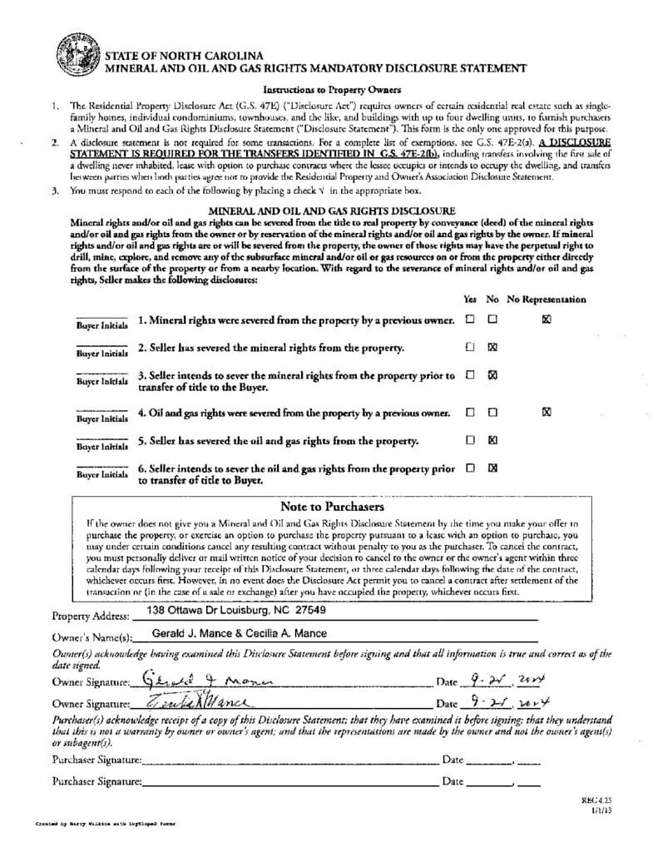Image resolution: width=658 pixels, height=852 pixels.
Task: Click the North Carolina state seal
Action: coord(78,57)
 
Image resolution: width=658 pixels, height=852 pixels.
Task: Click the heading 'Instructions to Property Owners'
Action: coord(332,90)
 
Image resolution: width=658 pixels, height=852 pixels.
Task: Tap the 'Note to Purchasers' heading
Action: coord(332,506)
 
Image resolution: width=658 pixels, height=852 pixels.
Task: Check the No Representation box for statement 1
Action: coord(546,319)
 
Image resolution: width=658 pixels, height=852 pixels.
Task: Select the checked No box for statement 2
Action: coord(492,347)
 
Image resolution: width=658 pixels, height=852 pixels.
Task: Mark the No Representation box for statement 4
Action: coord(546,411)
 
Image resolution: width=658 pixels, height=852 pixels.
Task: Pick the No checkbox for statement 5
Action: coord(492,439)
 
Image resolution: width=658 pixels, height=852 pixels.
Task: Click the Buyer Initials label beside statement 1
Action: coord(102,325)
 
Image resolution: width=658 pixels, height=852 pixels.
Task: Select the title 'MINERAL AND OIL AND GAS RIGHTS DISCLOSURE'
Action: coord(331,211)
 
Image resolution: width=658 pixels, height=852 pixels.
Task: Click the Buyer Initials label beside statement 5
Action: coord(102,446)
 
